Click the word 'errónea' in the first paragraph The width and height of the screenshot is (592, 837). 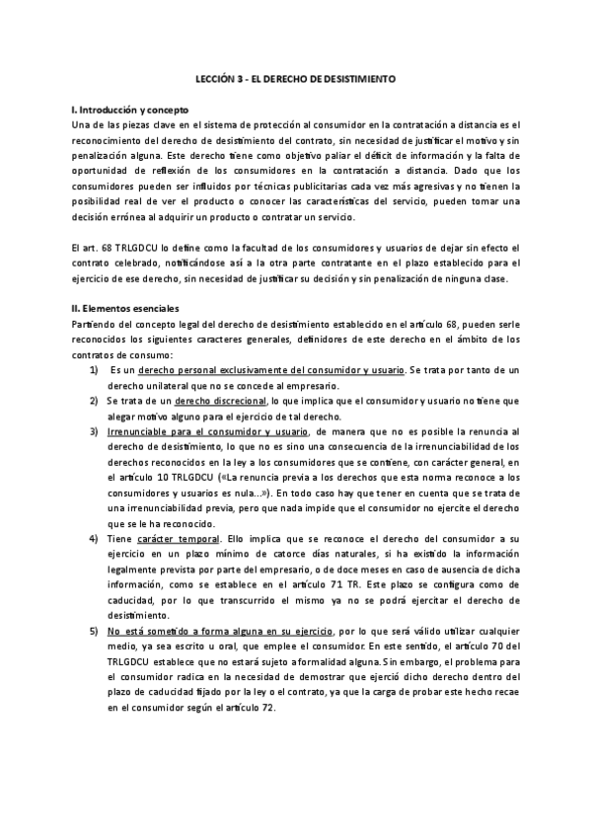[136, 219]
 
